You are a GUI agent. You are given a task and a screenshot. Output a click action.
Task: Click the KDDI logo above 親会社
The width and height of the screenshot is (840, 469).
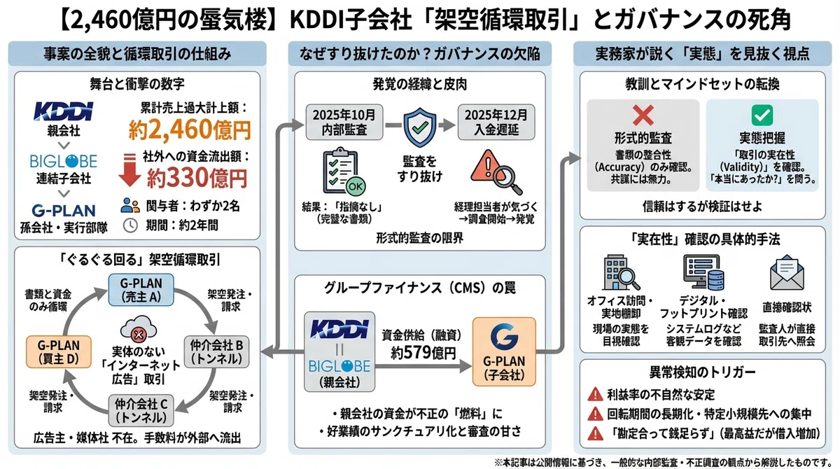click(x=64, y=111)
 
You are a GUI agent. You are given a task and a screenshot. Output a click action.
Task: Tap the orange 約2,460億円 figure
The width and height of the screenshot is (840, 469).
click(x=190, y=130)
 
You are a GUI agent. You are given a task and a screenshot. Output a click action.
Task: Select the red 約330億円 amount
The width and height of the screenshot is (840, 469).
click(x=197, y=178)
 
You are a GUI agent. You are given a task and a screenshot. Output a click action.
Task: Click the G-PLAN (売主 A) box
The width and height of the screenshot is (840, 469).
click(x=141, y=289)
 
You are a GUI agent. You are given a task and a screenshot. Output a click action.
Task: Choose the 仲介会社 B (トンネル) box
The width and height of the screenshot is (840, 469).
click(x=216, y=351)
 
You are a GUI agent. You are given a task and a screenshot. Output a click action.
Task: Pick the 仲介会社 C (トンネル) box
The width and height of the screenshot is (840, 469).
click(x=141, y=410)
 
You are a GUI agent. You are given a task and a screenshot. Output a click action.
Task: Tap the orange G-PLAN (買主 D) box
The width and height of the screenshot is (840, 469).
click(x=59, y=351)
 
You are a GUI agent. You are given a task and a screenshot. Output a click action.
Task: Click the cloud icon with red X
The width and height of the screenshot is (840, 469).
click(x=139, y=329)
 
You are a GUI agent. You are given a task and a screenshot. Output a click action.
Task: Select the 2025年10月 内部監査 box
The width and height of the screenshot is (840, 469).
click(x=344, y=122)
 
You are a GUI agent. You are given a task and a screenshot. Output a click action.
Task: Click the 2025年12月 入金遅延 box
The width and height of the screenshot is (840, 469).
click(x=496, y=122)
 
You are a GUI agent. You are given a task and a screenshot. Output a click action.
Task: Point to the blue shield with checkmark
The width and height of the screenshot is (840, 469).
click(x=419, y=127)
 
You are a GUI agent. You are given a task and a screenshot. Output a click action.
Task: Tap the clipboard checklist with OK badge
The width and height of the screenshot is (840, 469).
click(x=344, y=171)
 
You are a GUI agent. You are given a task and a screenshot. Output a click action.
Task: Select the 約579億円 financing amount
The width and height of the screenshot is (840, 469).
click(x=423, y=352)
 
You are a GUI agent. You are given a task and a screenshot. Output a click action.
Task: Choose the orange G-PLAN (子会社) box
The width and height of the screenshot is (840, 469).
click(x=504, y=351)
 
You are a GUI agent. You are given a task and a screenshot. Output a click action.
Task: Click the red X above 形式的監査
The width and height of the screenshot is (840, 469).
click(x=643, y=115)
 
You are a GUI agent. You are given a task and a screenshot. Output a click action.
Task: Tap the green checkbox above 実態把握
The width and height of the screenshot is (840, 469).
click(x=762, y=115)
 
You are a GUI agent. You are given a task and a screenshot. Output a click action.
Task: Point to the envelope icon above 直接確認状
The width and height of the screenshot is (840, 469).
click(x=787, y=272)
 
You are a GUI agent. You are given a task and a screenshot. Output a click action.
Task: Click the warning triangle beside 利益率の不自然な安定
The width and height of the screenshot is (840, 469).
click(x=595, y=394)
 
